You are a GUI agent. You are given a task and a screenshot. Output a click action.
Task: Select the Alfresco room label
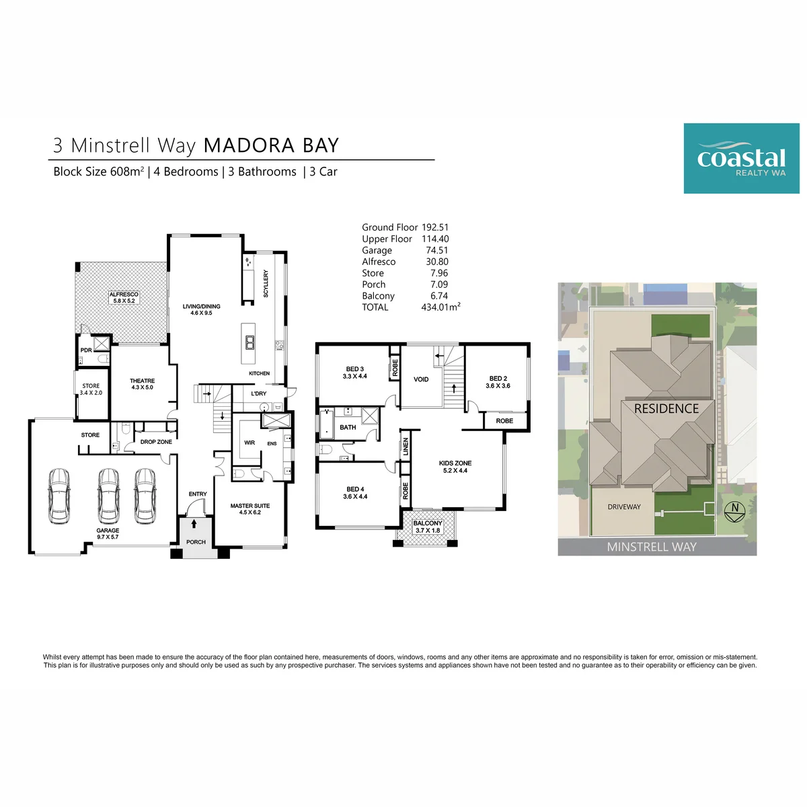tap(124, 297)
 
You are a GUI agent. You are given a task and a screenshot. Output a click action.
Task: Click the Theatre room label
tap(142, 383)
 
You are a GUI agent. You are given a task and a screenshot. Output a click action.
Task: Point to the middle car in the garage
tap(108, 496)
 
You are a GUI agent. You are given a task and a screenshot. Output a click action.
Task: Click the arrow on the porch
tap(194, 523)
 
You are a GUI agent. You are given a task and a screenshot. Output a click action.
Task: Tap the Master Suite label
tap(249, 508)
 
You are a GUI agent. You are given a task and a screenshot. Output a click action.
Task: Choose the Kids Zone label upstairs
tap(455, 467)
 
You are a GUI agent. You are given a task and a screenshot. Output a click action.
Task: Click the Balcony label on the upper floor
tap(427, 527)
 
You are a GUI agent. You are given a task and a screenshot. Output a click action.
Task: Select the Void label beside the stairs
tap(420, 379)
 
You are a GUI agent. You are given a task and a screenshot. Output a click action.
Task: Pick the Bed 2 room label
tap(498, 382)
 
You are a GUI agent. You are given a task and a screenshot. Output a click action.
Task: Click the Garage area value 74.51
tap(436, 250)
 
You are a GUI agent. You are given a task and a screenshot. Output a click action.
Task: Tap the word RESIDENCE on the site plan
tap(666, 408)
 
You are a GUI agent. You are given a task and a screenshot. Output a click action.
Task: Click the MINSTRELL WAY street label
tap(651, 547)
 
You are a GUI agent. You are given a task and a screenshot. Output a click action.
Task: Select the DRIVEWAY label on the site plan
tap(623, 507)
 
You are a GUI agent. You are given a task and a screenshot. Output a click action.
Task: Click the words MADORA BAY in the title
tap(270, 145)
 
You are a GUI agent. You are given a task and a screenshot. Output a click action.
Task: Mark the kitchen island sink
tap(249, 342)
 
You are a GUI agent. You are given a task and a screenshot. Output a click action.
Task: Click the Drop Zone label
tap(156, 441)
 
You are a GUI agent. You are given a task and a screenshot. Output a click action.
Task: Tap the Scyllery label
tap(265, 284)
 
